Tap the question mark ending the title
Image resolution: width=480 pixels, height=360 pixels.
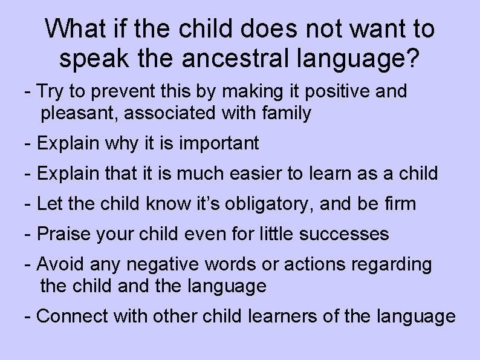pos(412,58)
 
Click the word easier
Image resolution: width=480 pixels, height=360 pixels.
pos(253,173)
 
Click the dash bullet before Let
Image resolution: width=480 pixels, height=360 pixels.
pos(28,204)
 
